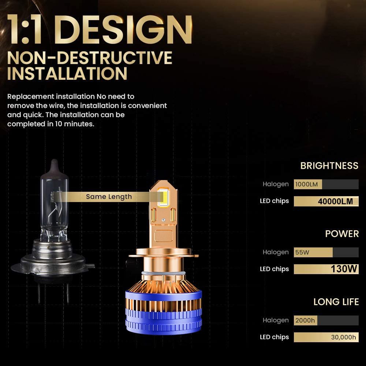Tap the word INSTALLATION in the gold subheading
coord(67,74)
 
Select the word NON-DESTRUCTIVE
coord(90,58)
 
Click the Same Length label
coord(109,197)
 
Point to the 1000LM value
coord(306,184)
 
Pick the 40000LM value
coord(335,201)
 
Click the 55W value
coord(302,252)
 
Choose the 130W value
coord(344,269)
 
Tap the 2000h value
coord(305,320)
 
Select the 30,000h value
coord(343,337)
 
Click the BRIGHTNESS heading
coord(329,166)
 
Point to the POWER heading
coord(342,234)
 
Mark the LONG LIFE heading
coord(336,302)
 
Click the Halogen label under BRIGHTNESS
coord(276,184)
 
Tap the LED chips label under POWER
coord(274,269)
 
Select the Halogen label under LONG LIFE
coord(276,320)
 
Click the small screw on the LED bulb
coord(163,220)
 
